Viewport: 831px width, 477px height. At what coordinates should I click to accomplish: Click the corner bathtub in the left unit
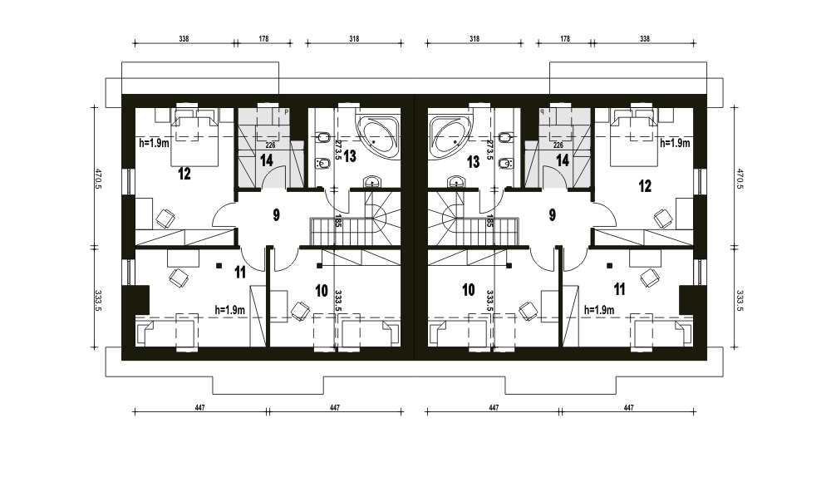pyautogui.click(x=378, y=136)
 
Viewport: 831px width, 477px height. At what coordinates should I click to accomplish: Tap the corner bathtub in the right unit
pyautogui.click(x=450, y=136)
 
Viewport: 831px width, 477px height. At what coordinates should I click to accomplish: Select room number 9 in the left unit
pyautogui.click(x=276, y=214)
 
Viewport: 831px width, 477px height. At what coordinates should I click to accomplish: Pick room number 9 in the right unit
pyautogui.click(x=553, y=214)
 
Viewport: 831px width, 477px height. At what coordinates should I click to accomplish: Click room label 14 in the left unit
pyautogui.click(x=267, y=160)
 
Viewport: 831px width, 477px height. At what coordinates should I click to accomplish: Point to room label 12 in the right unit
pyautogui.click(x=645, y=185)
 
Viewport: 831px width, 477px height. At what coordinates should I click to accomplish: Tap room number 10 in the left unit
pyautogui.click(x=322, y=291)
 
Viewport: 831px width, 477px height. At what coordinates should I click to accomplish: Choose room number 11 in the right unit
pyautogui.click(x=620, y=289)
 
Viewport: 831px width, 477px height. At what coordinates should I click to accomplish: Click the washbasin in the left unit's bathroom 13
pyautogui.click(x=373, y=182)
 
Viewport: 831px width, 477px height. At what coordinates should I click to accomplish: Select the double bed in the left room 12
pyautogui.click(x=194, y=138)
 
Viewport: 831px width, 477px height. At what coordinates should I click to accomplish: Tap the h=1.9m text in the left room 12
pyautogui.click(x=155, y=143)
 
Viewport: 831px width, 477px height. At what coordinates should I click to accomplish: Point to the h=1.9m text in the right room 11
pyautogui.click(x=599, y=309)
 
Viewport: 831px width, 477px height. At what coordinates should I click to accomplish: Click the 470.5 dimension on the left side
pyautogui.click(x=98, y=179)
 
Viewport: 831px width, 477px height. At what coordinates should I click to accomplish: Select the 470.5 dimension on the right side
pyautogui.click(x=740, y=179)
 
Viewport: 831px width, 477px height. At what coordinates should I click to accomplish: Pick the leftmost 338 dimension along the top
pyautogui.click(x=184, y=39)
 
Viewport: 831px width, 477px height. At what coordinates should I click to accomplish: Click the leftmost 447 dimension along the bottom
pyautogui.click(x=199, y=407)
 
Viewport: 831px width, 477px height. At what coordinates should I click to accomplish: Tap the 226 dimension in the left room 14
pyautogui.click(x=270, y=145)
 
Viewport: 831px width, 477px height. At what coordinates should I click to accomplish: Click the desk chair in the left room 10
pyautogui.click(x=301, y=311)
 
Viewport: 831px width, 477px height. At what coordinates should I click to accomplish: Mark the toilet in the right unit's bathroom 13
pyautogui.click(x=506, y=138)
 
